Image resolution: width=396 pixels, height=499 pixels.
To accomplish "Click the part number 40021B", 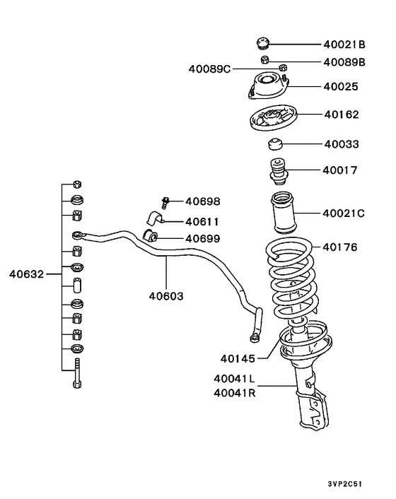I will tap(344, 44).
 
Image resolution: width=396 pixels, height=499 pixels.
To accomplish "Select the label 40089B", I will tap(344, 61).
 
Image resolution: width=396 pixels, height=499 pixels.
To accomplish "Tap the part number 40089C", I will tap(209, 69).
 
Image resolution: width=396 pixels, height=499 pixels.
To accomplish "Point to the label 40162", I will tap(341, 113).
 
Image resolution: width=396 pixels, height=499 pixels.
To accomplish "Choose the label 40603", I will tap(166, 295).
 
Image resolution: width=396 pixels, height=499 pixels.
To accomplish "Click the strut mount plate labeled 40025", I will tap(269, 86).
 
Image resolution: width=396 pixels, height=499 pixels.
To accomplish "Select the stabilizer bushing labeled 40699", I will tap(150, 235).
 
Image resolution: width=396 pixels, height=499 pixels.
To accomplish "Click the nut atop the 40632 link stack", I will tap(77, 182).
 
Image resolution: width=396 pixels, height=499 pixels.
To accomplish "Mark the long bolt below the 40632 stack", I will tap(77, 373).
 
